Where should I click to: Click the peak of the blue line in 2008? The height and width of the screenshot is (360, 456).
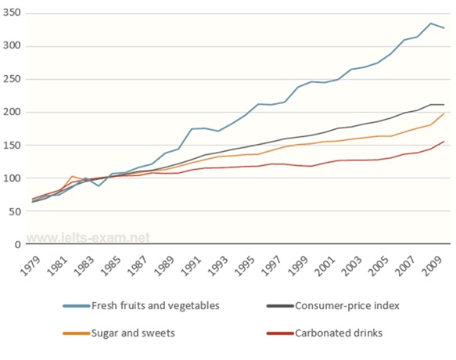click(x=431, y=23)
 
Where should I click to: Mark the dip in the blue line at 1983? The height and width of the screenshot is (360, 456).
click(x=99, y=186)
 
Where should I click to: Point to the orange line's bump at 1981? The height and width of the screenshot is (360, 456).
click(x=72, y=177)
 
